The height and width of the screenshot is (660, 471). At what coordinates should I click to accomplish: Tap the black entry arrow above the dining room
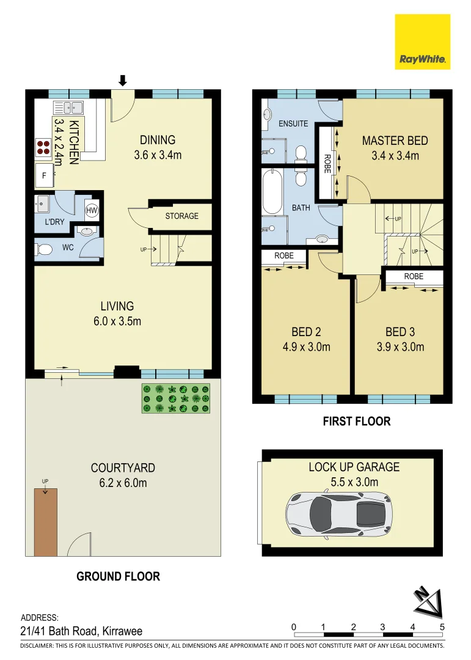[122, 80]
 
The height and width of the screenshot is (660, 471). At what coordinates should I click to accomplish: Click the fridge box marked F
[44, 175]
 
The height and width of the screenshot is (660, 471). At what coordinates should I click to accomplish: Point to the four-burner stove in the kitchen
[43, 147]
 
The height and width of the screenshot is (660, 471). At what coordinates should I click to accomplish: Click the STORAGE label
[181, 216]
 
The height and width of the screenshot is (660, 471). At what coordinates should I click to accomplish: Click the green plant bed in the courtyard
[176, 398]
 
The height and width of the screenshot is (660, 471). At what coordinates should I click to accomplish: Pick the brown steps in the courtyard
[45, 522]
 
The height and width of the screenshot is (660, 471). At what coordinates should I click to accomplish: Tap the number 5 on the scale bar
[442, 627]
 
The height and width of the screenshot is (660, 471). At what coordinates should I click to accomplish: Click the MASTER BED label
[395, 141]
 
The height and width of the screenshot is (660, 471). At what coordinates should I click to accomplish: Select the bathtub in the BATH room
[272, 192]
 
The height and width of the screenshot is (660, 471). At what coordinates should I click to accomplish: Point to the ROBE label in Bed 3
[413, 276]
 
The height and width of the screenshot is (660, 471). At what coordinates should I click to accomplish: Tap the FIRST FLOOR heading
[356, 421]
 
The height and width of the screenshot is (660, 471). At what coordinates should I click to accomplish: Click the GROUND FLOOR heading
[118, 576]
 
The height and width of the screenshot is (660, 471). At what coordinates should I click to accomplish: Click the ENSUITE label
[293, 123]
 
